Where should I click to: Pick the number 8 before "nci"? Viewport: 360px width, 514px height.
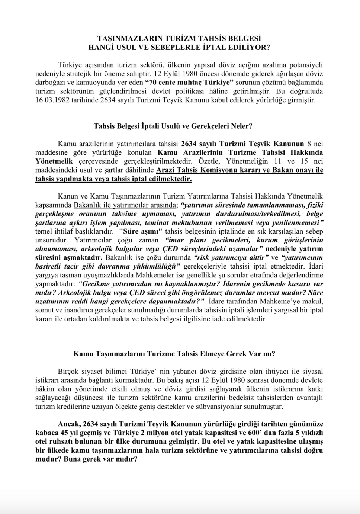point(309,144)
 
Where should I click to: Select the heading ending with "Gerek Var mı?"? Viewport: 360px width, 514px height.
point(174,354)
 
